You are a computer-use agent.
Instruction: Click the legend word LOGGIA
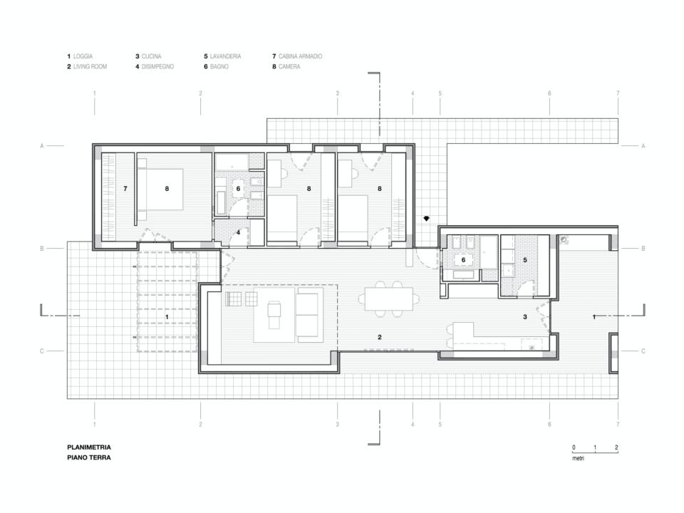tap(83, 56)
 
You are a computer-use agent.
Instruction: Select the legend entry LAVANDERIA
tap(226, 56)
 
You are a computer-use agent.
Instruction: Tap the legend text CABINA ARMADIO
tap(300, 56)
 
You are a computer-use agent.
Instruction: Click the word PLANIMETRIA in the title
tap(89, 447)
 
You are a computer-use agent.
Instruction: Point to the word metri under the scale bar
tap(578, 458)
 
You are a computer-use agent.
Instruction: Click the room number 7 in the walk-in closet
tap(125, 188)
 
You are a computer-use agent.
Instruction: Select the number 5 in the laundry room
tap(525, 260)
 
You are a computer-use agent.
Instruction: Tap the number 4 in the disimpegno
tap(238, 232)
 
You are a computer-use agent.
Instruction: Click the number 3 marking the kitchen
tap(525, 317)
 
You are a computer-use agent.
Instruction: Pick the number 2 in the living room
tap(380, 337)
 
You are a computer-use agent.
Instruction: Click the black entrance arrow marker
tap(427, 219)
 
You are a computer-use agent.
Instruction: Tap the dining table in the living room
tap(389, 299)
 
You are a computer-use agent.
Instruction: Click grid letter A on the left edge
tap(42, 146)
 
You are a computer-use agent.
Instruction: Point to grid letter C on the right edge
tap(643, 351)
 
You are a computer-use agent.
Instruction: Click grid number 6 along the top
tap(549, 93)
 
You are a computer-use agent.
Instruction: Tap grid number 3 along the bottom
tap(337, 424)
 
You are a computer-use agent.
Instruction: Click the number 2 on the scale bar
tap(616, 447)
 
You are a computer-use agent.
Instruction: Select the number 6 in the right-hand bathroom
tap(463, 260)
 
